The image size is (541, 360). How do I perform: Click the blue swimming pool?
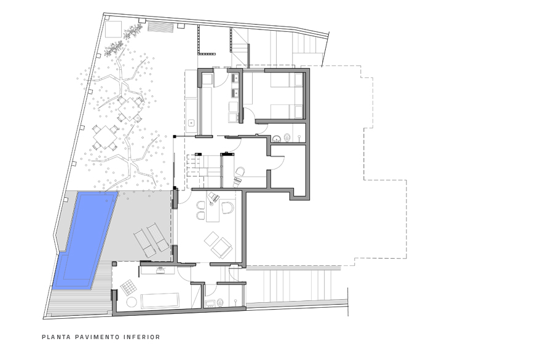point(85,239)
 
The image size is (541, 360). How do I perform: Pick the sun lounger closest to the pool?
point(144,244)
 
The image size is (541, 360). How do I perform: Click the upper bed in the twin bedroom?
point(286,80)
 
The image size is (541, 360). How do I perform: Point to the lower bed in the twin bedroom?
point(286,111)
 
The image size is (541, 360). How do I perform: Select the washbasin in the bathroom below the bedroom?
point(276,139)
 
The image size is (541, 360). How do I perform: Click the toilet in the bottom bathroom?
point(220,302)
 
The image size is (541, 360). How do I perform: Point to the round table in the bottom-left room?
point(132,302)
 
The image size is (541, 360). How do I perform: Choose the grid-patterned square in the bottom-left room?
point(128,288)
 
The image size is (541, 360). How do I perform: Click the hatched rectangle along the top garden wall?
point(160,27)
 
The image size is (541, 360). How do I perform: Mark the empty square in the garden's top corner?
point(113,29)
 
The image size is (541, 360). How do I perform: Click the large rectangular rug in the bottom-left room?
point(160,300)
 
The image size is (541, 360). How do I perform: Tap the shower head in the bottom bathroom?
point(235,302)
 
